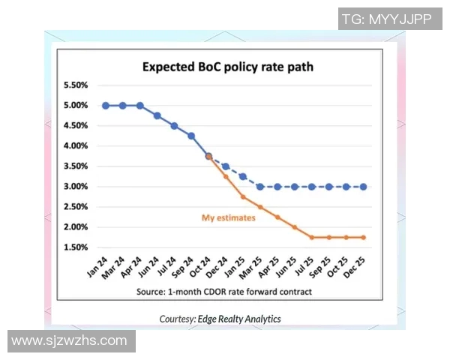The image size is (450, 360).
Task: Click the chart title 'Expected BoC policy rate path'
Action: pyautogui.click(x=228, y=67)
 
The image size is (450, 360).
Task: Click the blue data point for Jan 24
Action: pyautogui.click(x=106, y=106)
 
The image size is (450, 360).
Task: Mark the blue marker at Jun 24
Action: pyautogui.click(x=157, y=115)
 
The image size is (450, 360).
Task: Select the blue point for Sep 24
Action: pyautogui.click(x=191, y=136)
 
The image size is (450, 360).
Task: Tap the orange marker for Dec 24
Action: pyautogui.click(x=226, y=177)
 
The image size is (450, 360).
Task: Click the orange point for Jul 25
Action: pyautogui.click(x=312, y=238)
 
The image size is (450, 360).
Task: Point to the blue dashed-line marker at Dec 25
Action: pyautogui.click(x=364, y=187)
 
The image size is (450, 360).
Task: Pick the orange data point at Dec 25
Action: pyautogui.click(x=364, y=238)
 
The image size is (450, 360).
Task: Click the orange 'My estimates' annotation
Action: pyautogui.click(x=229, y=218)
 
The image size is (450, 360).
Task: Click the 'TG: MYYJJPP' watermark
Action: pyautogui.click(x=386, y=19)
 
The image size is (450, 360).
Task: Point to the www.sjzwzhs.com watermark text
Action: pyautogui.click(x=70, y=340)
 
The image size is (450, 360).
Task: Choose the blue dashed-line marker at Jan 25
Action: pyautogui.click(x=243, y=177)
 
